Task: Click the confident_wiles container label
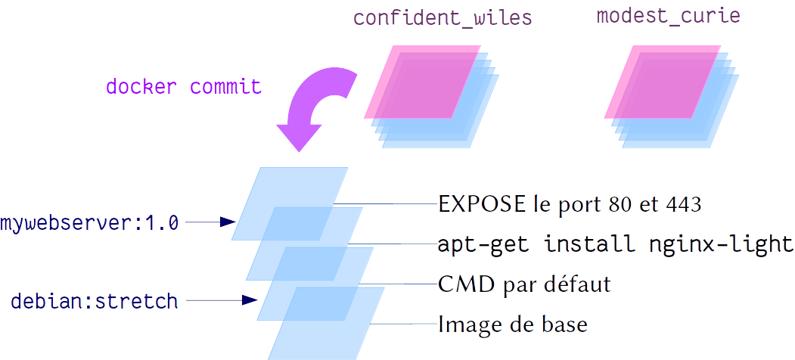(443, 18)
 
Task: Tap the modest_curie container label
(668, 17)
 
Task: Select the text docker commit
(183, 86)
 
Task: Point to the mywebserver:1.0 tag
(89, 223)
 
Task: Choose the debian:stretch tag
(95, 301)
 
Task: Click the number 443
(686, 204)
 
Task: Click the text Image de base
(513, 325)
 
